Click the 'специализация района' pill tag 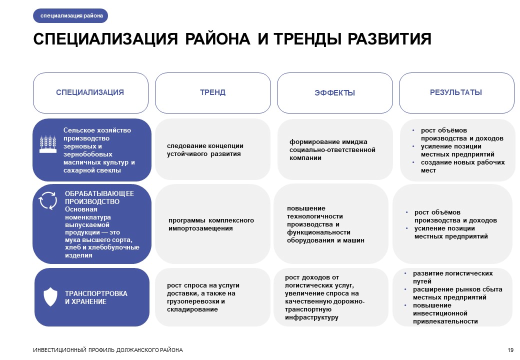pyautogui.click(x=70, y=15)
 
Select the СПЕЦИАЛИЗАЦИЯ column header pyautogui.click(x=90, y=93)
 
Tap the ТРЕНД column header pyautogui.click(x=213, y=93)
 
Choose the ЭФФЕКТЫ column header pyautogui.click(x=335, y=93)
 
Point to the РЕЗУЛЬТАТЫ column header pyautogui.click(x=456, y=93)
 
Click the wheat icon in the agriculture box pyautogui.click(x=48, y=144)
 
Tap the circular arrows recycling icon pyautogui.click(x=48, y=200)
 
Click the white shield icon pyautogui.click(x=50, y=296)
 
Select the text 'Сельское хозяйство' pyautogui.click(x=97, y=130)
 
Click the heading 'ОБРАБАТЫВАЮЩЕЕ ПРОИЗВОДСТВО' pyautogui.click(x=99, y=197)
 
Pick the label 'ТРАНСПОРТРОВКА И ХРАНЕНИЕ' pyautogui.click(x=96, y=297)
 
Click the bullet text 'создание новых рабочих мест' pyautogui.click(x=463, y=166)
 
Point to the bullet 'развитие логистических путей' pyautogui.click(x=452, y=277)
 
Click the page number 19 pyautogui.click(x=510, y=350)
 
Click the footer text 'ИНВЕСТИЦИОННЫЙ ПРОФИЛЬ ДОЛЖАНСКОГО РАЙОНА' pyautogui.click(x=108, y=350)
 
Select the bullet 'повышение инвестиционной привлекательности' pyautogui.click(x=445, y=313)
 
